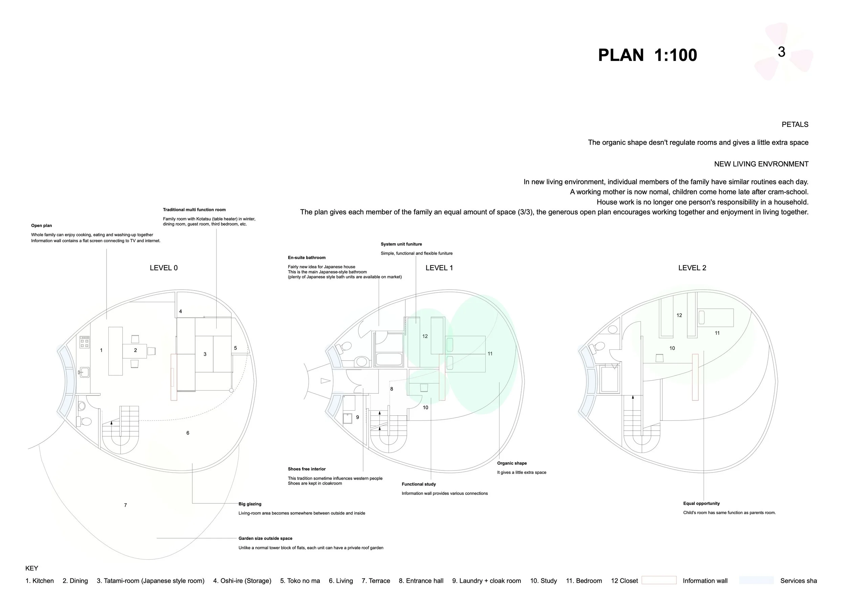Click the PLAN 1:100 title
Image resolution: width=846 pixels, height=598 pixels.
tap(647, 55)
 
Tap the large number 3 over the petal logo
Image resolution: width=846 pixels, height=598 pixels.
tap(781, 52)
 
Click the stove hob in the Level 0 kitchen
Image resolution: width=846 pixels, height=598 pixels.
tap(84, 342)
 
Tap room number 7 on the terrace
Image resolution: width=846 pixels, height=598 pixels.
tap(125, 505)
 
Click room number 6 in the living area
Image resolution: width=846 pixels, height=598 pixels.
tap(187, 433)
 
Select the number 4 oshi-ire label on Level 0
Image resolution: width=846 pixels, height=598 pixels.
tap(181, 312)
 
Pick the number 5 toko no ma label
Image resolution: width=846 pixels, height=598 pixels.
tap(236, 348)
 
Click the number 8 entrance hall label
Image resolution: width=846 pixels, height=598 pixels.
tap(391, 389)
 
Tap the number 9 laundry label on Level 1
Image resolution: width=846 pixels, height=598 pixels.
tap(357, 417)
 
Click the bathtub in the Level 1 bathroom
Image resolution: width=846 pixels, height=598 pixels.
tap(389, 359)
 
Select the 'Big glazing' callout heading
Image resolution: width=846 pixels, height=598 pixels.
tap(250, 504)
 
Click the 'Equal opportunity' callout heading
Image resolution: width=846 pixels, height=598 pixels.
tap(701, 503)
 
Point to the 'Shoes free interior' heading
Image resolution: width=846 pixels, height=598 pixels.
tap(307, 469)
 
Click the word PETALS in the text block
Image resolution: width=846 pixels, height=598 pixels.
tap(795, 124)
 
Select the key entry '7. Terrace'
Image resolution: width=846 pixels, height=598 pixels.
tap(376, 581)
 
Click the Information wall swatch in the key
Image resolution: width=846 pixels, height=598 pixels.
tap(659, 580)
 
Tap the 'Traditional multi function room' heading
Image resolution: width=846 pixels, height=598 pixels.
tap(194, 209)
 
